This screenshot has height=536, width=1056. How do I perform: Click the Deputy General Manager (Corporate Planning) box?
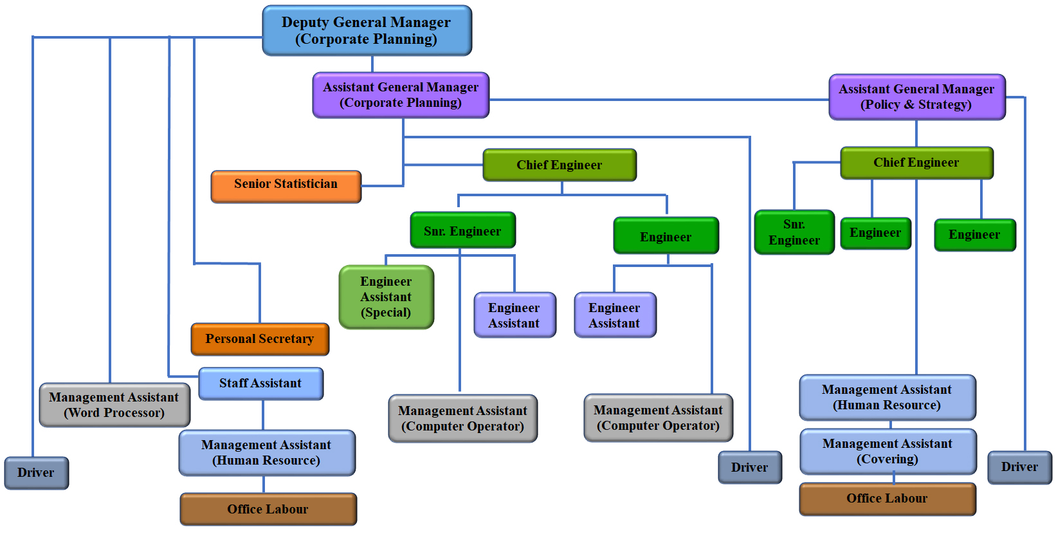click(x=367, y=31)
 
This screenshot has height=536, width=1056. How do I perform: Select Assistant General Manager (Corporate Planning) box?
click(x=401, y=95)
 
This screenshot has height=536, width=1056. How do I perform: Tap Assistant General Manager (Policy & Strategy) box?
click(x=916, y=97)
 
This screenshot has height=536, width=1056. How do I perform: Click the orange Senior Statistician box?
click(x=286, y=187)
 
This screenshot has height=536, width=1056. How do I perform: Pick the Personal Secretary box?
click(x=260, y=339)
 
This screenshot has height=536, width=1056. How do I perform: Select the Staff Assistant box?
click(x=260, y=384)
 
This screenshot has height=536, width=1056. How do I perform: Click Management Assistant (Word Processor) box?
click(x=114, y=405)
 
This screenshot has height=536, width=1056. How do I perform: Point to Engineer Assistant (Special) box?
click(x=386, y=297)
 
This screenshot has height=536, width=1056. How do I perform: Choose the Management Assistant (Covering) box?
click(x=888, y=451)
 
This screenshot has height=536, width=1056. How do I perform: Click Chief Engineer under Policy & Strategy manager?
click(x=916, y=163)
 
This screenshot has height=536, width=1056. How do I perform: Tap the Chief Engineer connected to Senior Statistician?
click(x=560, y=165)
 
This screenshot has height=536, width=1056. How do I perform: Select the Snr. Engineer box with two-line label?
click(x=794, y=232)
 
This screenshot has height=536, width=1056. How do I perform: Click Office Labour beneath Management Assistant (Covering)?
click(x=888, y=499)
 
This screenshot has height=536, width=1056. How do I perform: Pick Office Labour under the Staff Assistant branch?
click(x=268, y=509)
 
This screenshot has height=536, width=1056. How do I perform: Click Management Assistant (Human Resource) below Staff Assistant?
click(x=267, y=452)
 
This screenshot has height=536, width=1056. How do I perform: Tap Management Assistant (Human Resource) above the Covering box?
click(x=888, y=397)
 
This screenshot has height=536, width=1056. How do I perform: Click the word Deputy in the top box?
click(x=305, y=23)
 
